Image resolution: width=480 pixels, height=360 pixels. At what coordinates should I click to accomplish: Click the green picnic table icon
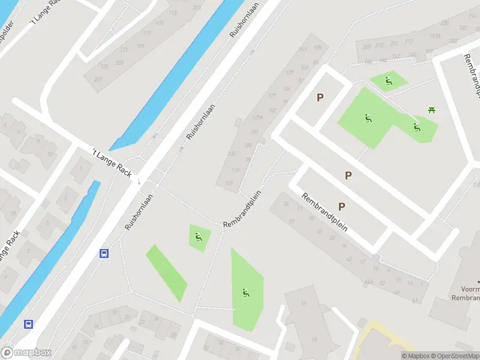pyautogui.click(x=431, y=109)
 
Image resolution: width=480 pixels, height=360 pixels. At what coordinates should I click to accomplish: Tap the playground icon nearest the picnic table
pyautogui.click(x=416, y=127)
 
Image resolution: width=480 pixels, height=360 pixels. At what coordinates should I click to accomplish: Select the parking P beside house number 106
pyautogui.click(x=320, y=97)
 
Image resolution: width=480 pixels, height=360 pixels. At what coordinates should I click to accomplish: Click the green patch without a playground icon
pyautogui.click(x=166, y=273)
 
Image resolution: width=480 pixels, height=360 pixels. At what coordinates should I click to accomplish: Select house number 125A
pyautogui.click(x=257, y=118)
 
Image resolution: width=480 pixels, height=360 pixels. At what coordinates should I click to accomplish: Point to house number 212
pyautogui.click(x=409, y=41)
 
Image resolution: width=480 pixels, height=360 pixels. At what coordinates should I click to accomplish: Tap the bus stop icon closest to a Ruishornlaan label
pyautogui.click(x=104, y=253)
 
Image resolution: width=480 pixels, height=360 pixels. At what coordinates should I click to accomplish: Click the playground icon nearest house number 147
pyautogui.click(x=389, y=81)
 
